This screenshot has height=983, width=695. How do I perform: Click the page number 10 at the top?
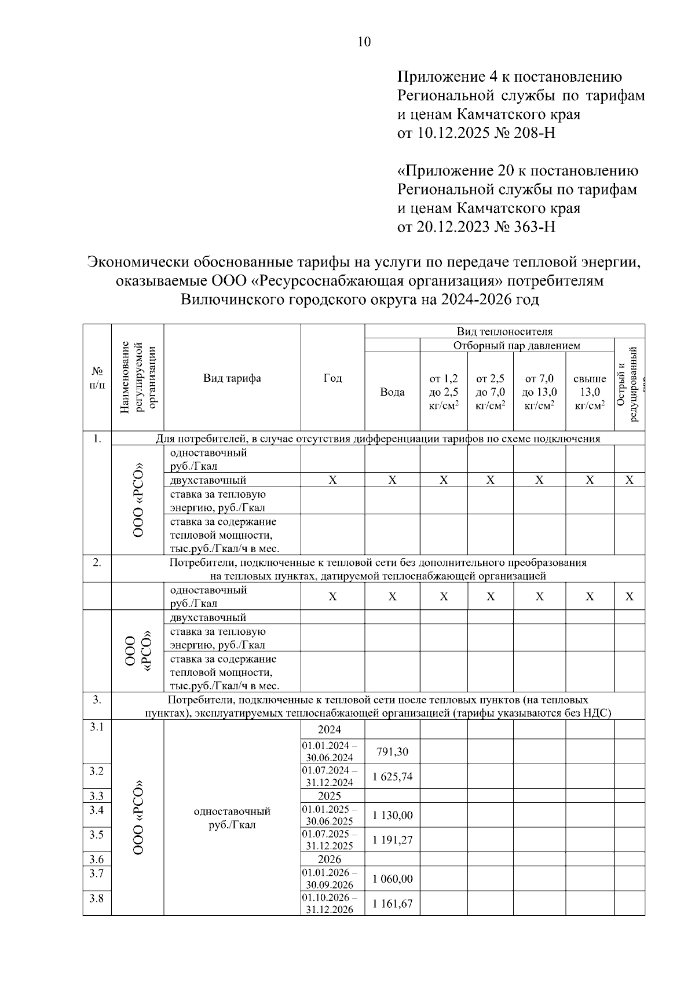click(364, 42)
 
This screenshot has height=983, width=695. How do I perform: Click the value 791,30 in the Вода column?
click(392, 752)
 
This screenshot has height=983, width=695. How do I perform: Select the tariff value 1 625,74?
click(392, 777)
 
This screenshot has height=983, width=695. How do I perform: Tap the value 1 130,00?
click(392, 816)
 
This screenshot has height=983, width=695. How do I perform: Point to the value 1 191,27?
click(392, 840)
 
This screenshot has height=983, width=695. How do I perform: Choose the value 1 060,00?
click(392, 879)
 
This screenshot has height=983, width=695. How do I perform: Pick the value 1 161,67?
click(392, 903)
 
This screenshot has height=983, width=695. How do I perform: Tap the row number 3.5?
click(97, 835)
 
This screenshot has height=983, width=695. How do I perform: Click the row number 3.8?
click(97, 898)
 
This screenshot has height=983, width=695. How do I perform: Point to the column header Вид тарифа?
click(232, 378)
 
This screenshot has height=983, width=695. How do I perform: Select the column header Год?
click(332, 378)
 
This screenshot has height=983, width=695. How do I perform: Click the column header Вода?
click(392, 392)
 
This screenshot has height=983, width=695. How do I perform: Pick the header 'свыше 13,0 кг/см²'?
click(590, 392)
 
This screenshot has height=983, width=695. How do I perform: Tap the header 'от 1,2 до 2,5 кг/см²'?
click(444, 392)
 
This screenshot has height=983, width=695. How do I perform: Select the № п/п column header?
click(97, 378)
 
